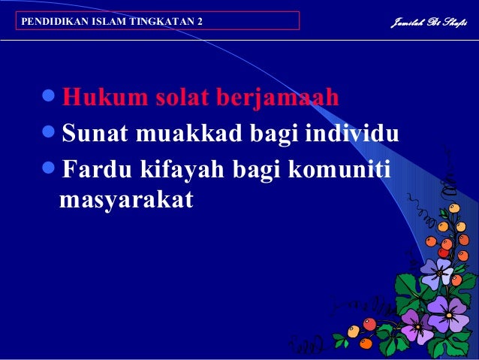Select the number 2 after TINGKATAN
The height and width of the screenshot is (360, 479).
200,21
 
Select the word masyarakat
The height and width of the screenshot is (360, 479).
125,201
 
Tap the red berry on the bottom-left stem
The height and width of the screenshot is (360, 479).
369,324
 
